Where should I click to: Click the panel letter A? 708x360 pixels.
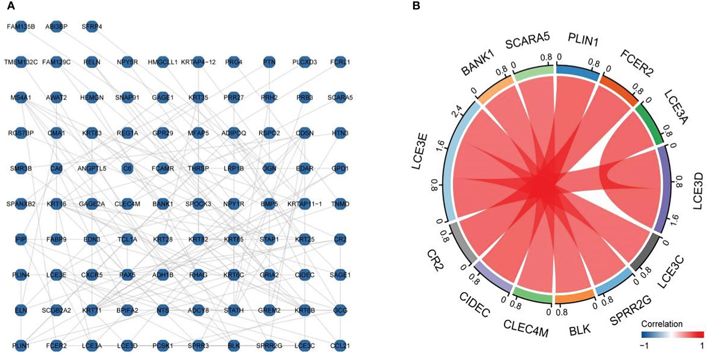tap(11, 6)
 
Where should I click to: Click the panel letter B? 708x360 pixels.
tap(416, 6)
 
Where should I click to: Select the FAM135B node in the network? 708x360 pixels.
tap(21, 27)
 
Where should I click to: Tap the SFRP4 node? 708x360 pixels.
tap(92, 27)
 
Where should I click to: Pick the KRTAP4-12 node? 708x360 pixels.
tap(198, 62)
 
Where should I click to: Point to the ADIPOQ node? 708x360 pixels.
tap(234, 133)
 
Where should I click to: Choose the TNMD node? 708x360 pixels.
tap(340, 204)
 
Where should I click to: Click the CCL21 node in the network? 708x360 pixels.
tap(340, 346)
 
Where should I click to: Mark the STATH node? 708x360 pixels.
tap(234, 310)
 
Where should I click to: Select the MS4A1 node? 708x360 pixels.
tap(21, 98)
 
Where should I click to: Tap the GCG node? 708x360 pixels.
tap(340, 310)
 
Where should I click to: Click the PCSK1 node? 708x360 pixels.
tap(163, 346)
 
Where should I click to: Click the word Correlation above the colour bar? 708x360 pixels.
tap(662, 324)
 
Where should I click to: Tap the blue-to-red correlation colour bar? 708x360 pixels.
tap(672, 335)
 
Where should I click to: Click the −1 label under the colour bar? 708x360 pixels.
tap(644, 346)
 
